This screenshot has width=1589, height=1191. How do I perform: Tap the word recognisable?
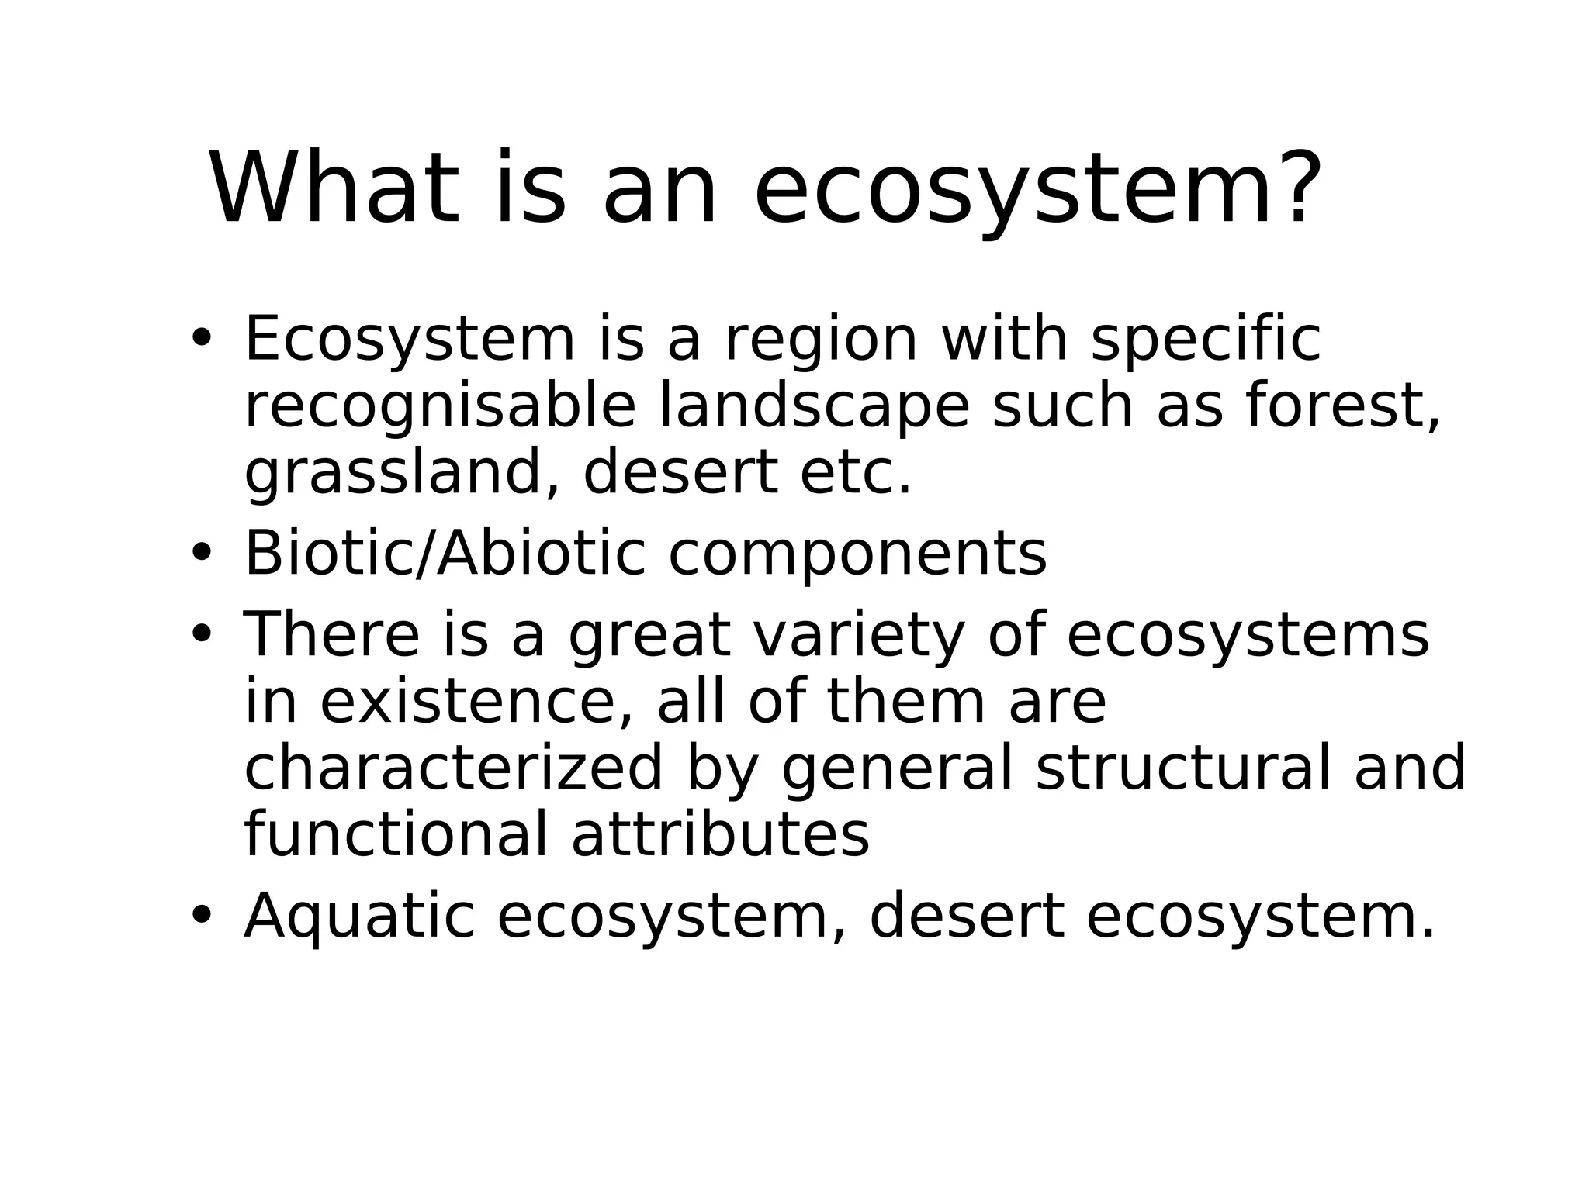440,407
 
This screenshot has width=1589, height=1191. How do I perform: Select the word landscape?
814,407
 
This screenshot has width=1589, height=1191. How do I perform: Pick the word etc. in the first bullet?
856,474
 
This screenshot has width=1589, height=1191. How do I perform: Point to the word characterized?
454,768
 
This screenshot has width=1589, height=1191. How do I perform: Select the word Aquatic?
359,917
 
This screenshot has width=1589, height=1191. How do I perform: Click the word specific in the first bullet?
1206,340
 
